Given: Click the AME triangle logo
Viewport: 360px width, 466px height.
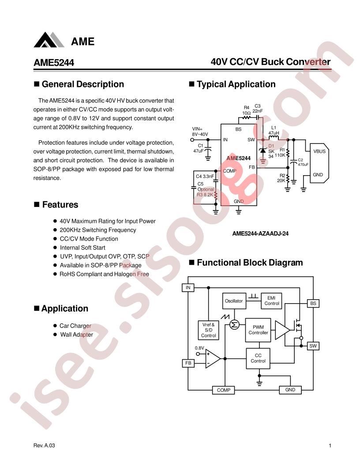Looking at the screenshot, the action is point(49,40).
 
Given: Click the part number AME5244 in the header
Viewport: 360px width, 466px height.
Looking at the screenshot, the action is point(54,62).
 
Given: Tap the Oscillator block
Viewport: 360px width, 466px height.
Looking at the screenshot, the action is point(234,301).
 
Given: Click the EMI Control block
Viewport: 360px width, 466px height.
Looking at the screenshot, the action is point(271,301).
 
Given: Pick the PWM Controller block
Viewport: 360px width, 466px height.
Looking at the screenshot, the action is point(258,330).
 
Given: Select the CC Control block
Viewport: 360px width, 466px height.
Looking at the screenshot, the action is point(258,358).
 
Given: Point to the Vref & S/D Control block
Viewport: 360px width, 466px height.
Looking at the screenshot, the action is point(209,330).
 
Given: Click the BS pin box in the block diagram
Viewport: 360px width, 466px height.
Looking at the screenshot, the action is point(313,304).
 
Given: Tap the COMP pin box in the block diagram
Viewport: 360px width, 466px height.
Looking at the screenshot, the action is point(224,390).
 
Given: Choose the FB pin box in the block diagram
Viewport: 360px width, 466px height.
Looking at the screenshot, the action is point(188,363).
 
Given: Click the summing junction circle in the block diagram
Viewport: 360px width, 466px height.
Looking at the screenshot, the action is point(234,325).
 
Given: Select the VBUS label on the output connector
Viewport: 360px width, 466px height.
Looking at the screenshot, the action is point(319,151).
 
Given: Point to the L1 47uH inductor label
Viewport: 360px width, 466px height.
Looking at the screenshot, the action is point(274,130).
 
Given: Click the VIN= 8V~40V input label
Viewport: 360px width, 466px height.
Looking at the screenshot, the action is point(200,132).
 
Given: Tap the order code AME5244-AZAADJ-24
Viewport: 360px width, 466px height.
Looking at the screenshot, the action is point(260,233).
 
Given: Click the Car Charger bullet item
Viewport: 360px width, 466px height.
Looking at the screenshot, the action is point(75,326).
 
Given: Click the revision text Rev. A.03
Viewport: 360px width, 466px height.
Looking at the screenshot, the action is point(44,445).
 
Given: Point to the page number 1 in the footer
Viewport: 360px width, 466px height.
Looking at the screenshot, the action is point(330,445).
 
